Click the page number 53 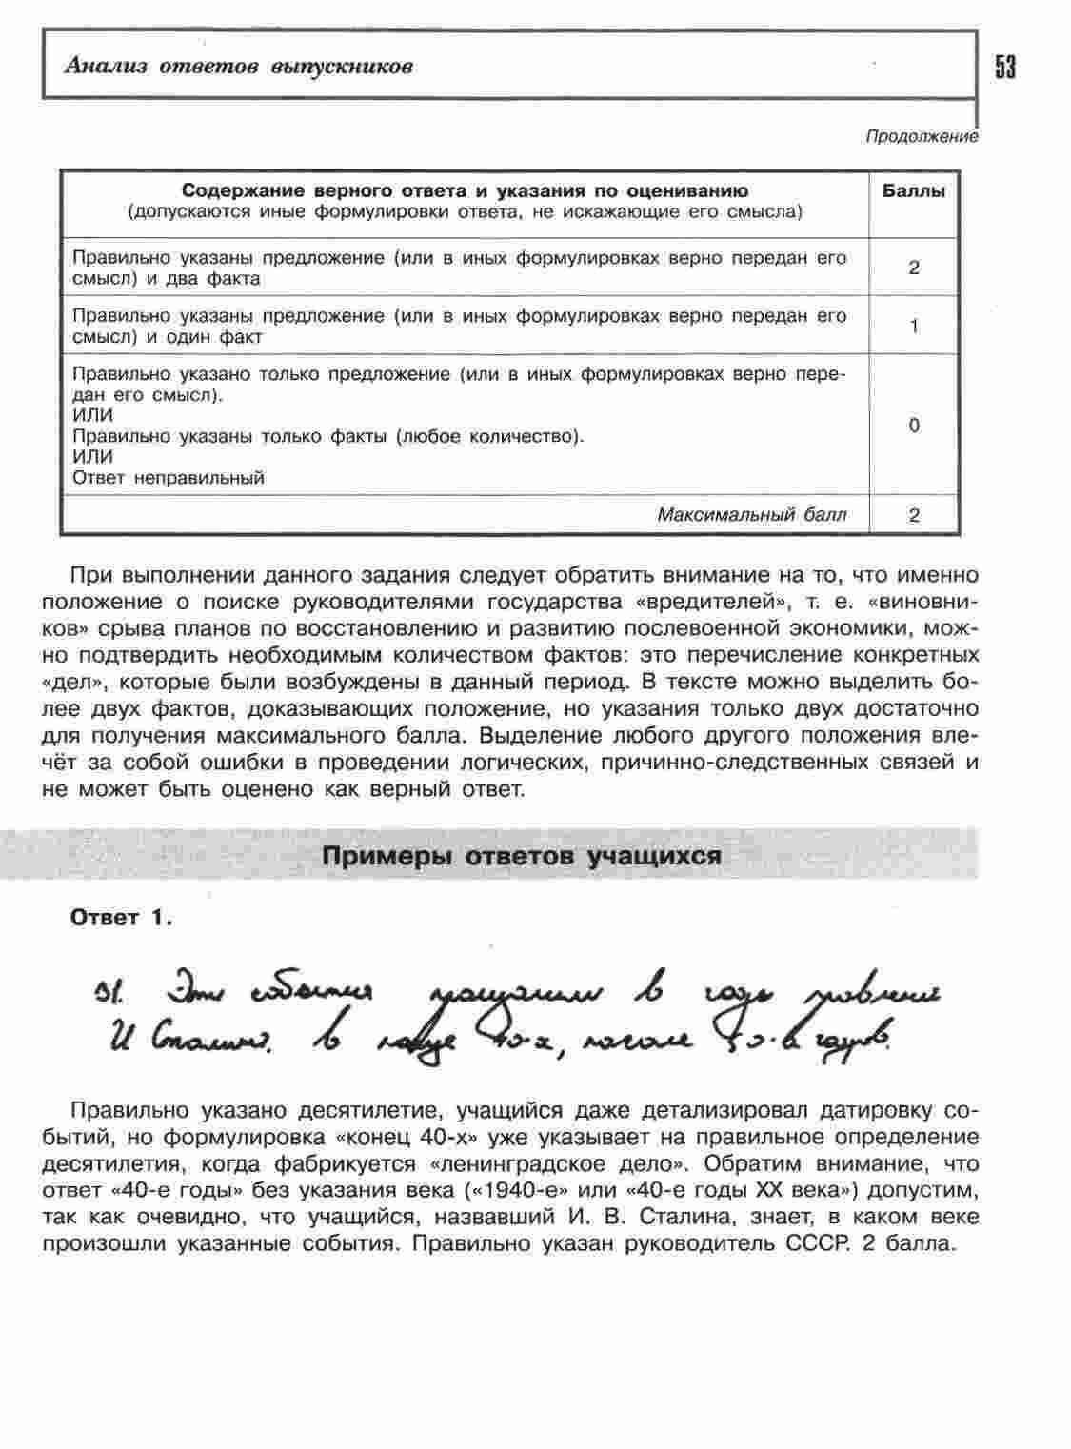[x=1005, y=67]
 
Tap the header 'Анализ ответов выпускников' [x=238, y=67]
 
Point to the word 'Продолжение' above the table [x=921, y=137]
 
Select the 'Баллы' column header [x=914, y=191]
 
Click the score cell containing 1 [x=914, y=327]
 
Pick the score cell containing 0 [x=914, y=426]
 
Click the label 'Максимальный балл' [x=751, y=515]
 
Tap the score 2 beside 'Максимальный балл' [x=914, y=515]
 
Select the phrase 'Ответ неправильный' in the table [x=169, y=478]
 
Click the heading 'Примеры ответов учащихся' [x=522, y=856]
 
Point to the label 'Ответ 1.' [x=121, y=918]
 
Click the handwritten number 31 [x=105, y=999]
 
